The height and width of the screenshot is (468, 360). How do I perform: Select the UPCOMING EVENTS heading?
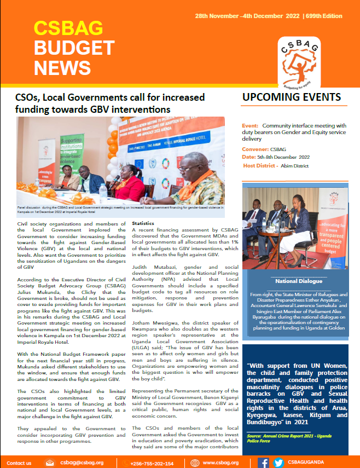(291, 97)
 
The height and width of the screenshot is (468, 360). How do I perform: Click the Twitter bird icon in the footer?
(278, 463)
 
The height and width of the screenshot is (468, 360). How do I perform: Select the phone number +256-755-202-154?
(153, 463)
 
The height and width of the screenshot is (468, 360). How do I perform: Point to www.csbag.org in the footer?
(220, 463)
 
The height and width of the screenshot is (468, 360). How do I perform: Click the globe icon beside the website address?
(194, 463)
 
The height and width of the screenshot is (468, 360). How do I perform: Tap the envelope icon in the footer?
(50, 463)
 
